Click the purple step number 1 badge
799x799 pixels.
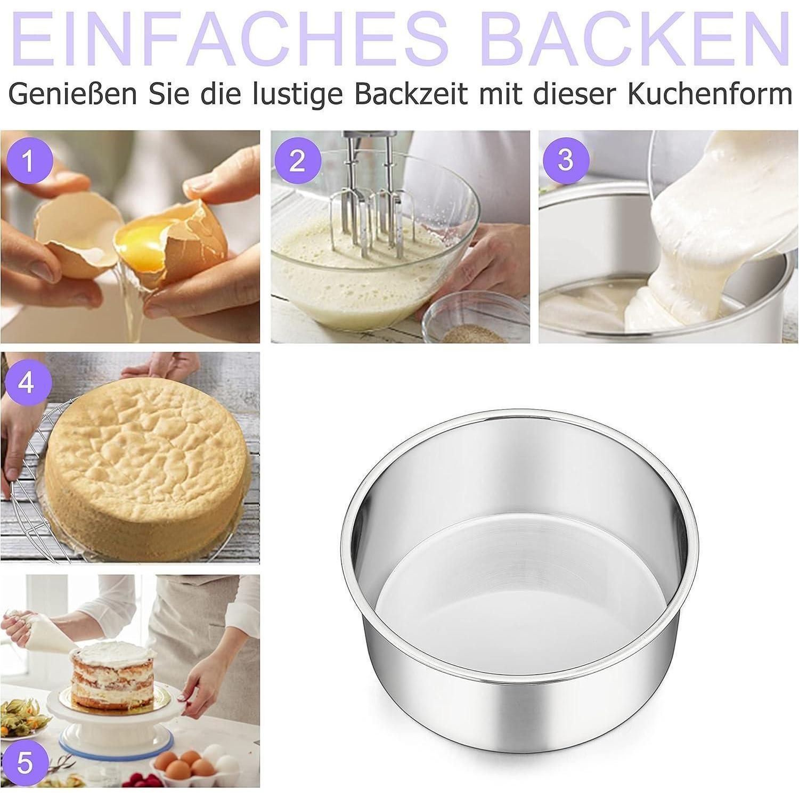29,160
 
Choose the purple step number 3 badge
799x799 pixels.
566,159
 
